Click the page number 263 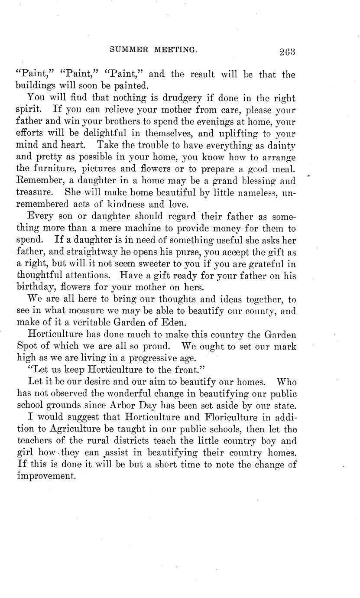(x=287, y=52)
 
